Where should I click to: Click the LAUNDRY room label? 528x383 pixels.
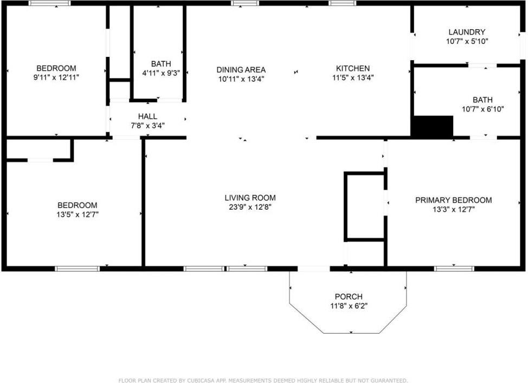(466, 32)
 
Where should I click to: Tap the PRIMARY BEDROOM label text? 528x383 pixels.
(453, 200)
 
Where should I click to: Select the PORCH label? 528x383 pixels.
(348, 297)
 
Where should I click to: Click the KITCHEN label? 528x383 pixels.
(353, 68)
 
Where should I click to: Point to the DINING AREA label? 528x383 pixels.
(241, 69)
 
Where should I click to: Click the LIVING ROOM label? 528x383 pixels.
(250, 198)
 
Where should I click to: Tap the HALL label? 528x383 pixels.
(147, 116)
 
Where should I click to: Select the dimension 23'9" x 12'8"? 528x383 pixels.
(250, 206)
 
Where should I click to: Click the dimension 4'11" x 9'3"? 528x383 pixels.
(161, 72)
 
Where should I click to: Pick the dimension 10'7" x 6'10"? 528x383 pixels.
(482, 108)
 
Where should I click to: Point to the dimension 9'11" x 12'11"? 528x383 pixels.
(56, 77)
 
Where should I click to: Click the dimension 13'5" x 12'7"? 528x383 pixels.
(78, 214)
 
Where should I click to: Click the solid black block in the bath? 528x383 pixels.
(432, 127)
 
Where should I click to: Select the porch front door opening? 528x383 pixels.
(313, 268)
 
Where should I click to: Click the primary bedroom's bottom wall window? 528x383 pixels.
(454, 268)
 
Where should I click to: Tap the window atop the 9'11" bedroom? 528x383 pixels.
(49, 3)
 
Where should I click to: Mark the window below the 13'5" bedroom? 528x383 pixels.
(78, 268)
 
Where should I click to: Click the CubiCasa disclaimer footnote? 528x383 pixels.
(263, 380)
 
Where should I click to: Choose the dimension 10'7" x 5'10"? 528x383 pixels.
(466, 41)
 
